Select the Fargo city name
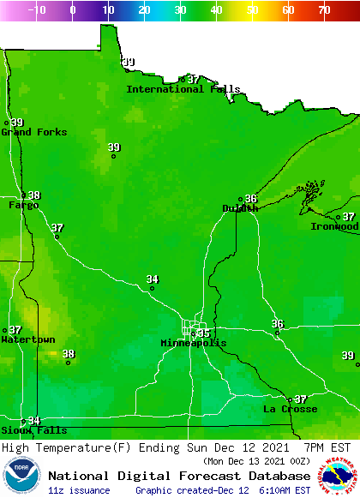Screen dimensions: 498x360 pos(24,206)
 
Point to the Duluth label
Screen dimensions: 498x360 pos(240,208)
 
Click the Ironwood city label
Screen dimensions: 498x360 pos(334,227)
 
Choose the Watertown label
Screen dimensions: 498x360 pos(27,340)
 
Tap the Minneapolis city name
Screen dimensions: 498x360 pos(194,344)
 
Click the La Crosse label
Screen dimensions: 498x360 pos(290,410)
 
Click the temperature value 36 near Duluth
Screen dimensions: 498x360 pos(251,199)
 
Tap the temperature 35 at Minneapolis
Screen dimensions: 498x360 pos(203,333)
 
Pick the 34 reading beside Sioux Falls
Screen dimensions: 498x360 pos(34,421)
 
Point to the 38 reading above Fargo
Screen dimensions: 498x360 pos(34,195)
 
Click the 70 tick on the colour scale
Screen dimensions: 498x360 pos(324,10)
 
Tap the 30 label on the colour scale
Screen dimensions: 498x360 pos(180,10)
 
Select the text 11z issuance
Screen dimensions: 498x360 pos(79,490)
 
